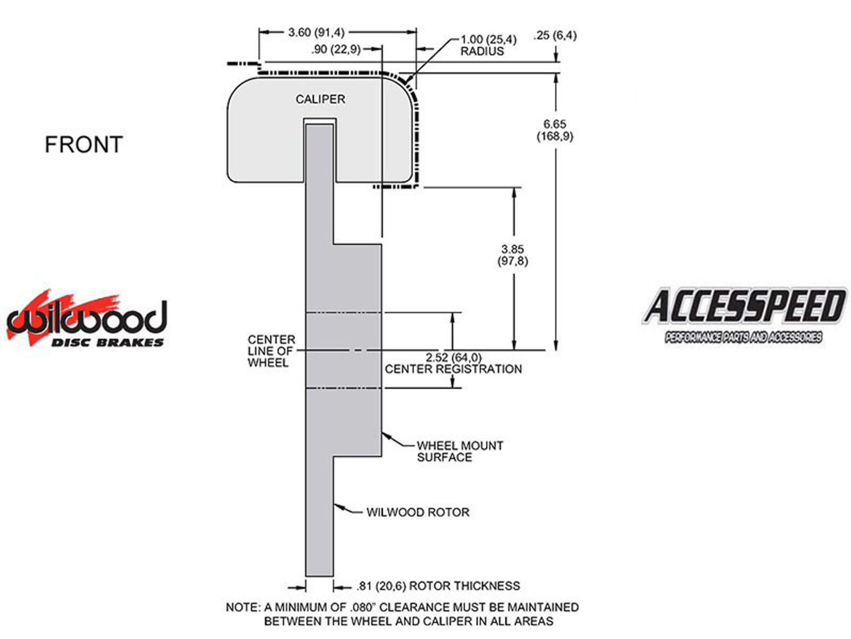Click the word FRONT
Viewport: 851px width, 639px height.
click(84, 144)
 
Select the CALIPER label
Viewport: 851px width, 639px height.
click(320, 100)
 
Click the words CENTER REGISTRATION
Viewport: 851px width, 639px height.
click(453, 369)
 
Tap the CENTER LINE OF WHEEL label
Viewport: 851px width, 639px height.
click(271, 351)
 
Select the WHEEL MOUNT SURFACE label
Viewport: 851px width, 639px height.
click(460, 451)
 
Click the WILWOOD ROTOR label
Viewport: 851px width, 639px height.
click(418, 512)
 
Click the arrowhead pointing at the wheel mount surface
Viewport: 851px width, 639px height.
click(385, 435)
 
